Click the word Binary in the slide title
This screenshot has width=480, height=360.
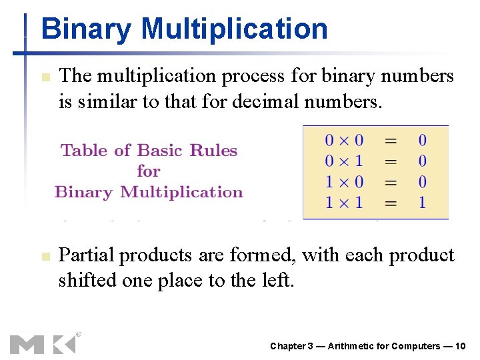pos(86,29)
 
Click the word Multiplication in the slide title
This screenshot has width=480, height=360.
pos(234,29)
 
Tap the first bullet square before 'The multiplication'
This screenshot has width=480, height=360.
pos(44,78)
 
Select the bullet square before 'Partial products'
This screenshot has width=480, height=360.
pos(44,257)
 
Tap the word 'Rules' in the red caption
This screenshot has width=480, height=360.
pos(213,151)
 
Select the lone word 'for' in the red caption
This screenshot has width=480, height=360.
pos(149,171)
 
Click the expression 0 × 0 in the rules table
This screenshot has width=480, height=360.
pos(344,141)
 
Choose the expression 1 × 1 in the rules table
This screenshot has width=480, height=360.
pos(344,202)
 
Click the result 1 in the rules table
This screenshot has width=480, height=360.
pos(422,202)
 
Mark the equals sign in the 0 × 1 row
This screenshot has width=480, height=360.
pos(391,161)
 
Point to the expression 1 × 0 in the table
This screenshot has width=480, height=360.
pos(344,181)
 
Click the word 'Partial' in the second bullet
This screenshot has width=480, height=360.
pos(86,255)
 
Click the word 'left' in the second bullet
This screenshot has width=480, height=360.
pos(276,280)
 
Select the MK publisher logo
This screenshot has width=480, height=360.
pos(43,343)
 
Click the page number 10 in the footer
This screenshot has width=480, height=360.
pos(459,346)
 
